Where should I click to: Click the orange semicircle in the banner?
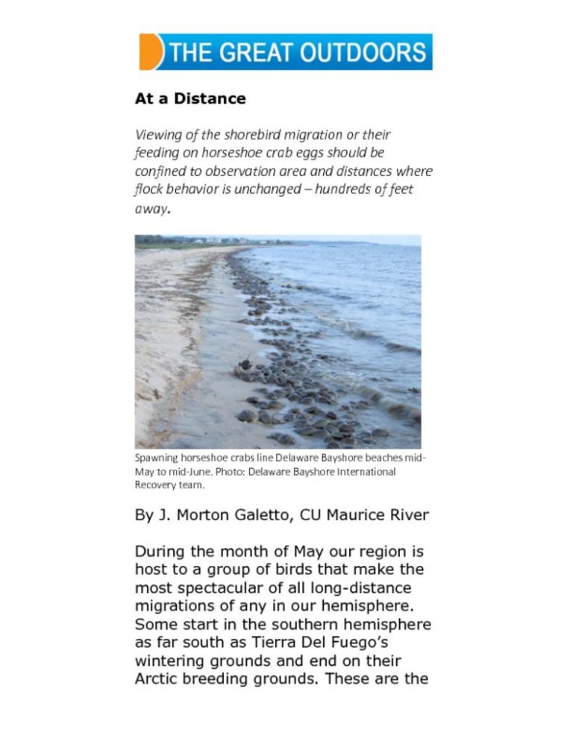pyautogui.click(x=150, y=52)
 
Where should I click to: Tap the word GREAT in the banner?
pyautogui.click(x=257, y=53)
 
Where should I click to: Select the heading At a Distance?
pyautogui.click(x=190, y=98)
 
